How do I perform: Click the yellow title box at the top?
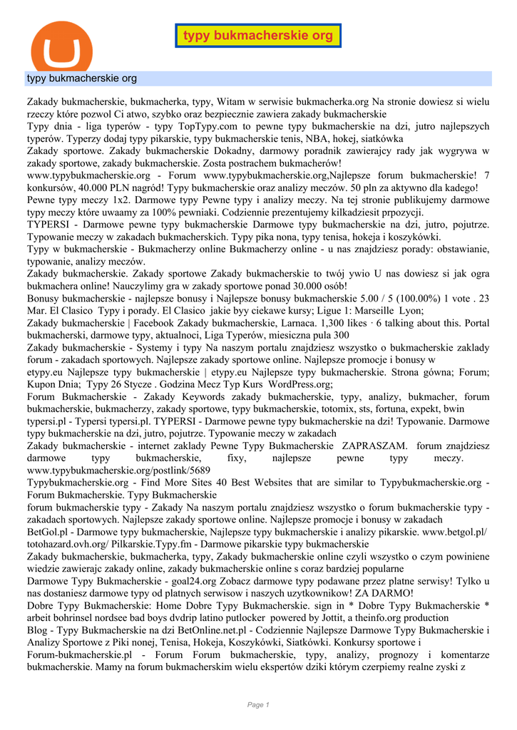[258, 36]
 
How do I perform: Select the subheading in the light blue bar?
[82, 78]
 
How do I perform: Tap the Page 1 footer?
[258, 704]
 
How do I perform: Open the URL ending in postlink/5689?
[118, 471]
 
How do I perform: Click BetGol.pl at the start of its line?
[46, 532]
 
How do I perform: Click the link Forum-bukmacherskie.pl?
[80, 654]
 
